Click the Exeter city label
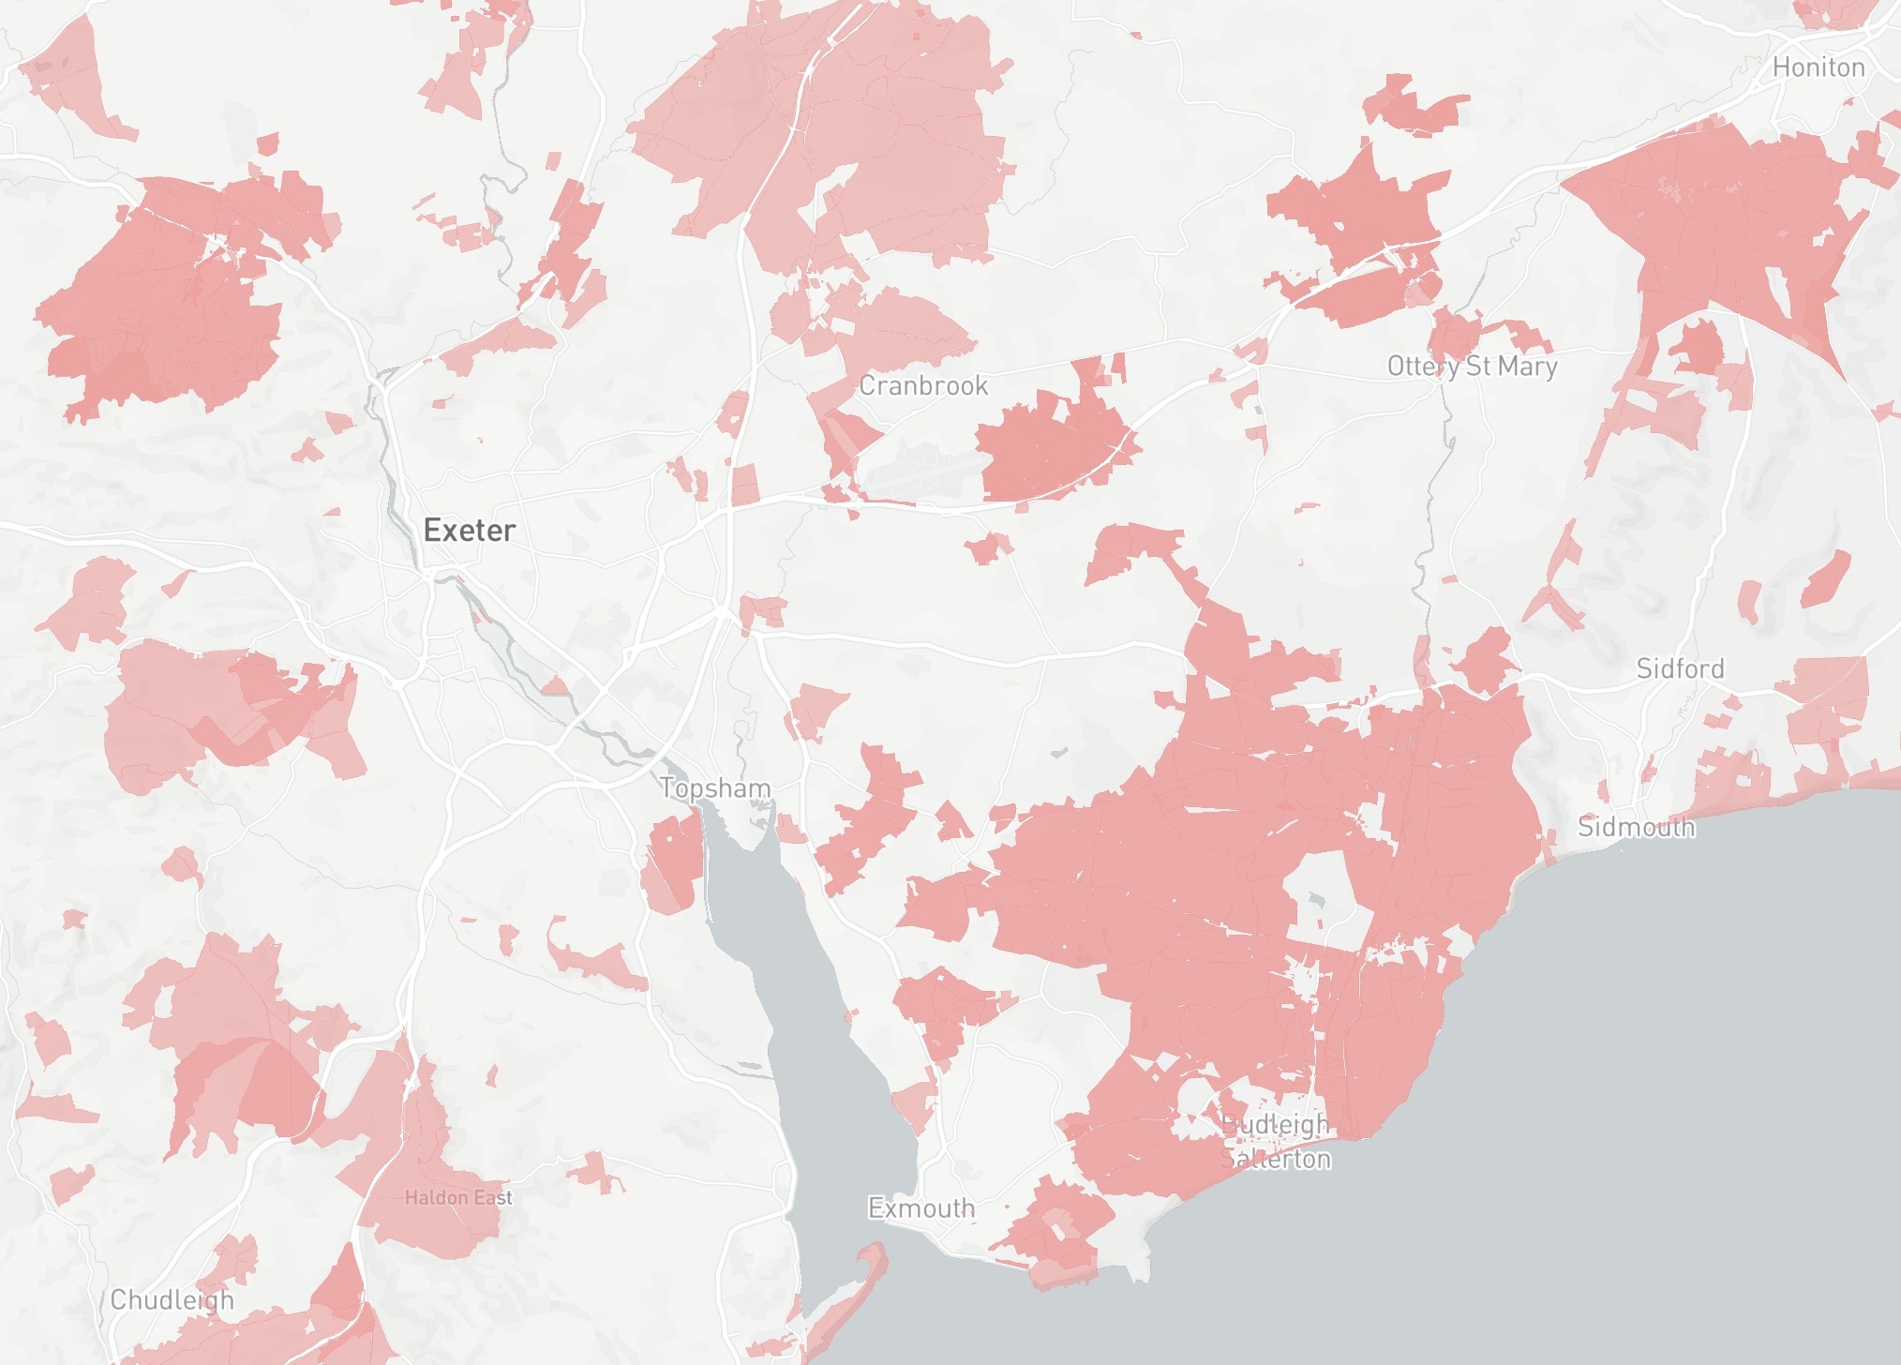tap(469, 531)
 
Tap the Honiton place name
tap(1818, 67)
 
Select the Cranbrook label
tap(923, 385)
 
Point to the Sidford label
tap(1680, 668)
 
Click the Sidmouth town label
tap(1636, 827)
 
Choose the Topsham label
tap(715, 788)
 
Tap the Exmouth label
tap(921, 1208)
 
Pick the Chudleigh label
tap(172, 1300)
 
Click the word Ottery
tap(1423, 367)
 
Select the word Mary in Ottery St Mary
tap(1528, 367)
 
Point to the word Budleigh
tap(1277, 1125)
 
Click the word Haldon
tap(436, 1198)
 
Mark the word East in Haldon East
tap(493, 1198)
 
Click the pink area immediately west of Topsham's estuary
tap(673, 862)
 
